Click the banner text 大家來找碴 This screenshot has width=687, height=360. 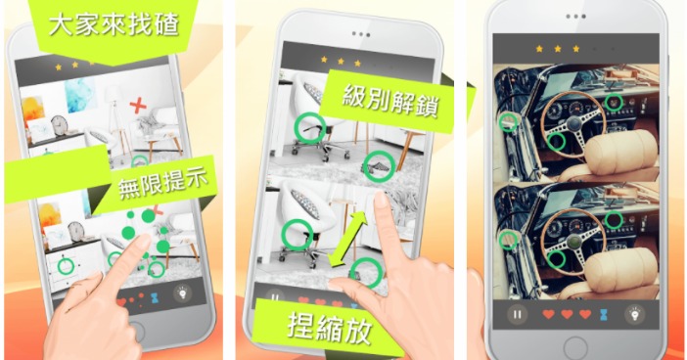tap(114, 25)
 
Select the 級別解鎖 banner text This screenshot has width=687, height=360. tap(389, 101)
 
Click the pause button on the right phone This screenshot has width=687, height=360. tap(517, 314)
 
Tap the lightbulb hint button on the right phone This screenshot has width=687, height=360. tap(634, 314)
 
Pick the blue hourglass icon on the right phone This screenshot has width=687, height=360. tap(604, 314)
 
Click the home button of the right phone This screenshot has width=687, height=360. tap(575, 348)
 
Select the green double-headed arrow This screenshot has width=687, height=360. tap(347, 239)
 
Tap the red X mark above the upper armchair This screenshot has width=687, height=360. tap(138, 106)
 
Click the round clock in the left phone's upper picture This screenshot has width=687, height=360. tap(59, 125)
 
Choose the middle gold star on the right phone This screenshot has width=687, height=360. tap(557, 49)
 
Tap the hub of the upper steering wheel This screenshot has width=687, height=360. tap(573, 124)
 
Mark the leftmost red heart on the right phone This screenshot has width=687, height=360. tap(549, 314)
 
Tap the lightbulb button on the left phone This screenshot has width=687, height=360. tap(183, 293)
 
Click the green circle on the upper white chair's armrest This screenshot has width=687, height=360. tap(310, 127)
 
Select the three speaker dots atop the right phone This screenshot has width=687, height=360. tap(575, 17)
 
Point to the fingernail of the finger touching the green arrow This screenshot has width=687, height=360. tap(381, 200)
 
